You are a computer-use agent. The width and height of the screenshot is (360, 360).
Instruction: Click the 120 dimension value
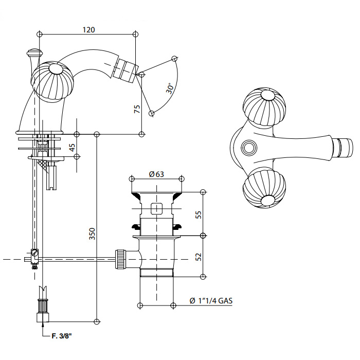88,30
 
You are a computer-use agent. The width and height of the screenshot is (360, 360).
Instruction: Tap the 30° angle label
170,87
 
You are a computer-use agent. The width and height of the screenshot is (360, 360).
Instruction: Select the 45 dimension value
73,147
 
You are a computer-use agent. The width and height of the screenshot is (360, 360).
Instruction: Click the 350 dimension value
92,235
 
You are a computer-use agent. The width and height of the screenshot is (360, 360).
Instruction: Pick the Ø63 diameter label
156,174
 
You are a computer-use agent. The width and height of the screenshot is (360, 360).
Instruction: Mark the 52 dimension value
199,256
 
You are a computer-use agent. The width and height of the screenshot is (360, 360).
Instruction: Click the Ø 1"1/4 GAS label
211,301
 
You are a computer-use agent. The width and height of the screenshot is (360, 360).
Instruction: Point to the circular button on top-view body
249,148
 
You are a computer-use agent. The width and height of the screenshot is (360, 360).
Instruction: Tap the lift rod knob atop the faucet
34,53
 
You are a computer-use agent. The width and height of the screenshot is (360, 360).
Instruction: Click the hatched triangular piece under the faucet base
44,166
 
